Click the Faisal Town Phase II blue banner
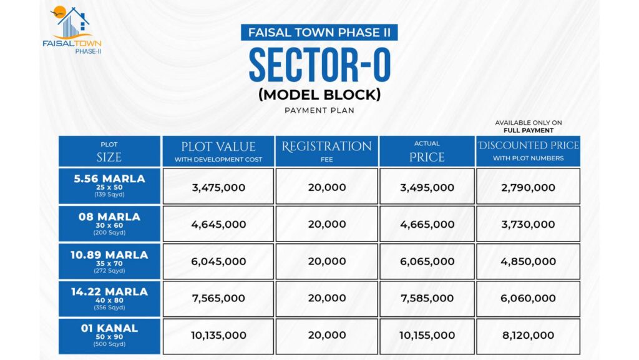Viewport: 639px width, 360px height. point(319,32)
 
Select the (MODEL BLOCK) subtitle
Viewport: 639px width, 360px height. point(319,95)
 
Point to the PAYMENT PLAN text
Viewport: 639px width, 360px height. point(319,110)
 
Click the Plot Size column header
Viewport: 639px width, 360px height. point(109,151)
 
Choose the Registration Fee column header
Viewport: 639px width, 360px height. point(326,151)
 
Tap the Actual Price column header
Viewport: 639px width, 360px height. point(427,151)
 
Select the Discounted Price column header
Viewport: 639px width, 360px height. point(528,151)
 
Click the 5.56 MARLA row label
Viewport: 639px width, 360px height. point(109,186)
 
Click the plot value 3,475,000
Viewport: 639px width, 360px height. point(218,187)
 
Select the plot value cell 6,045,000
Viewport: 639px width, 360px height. point(218,261)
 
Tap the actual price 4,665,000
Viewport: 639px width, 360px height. point(427,225)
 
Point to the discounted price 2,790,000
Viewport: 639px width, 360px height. point(528,187)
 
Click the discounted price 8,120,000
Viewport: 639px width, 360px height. point(528,336)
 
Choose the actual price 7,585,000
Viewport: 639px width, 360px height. point(427,298)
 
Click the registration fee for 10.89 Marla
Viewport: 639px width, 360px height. point(326,261)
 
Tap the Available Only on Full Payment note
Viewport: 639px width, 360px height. point(528,127)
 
